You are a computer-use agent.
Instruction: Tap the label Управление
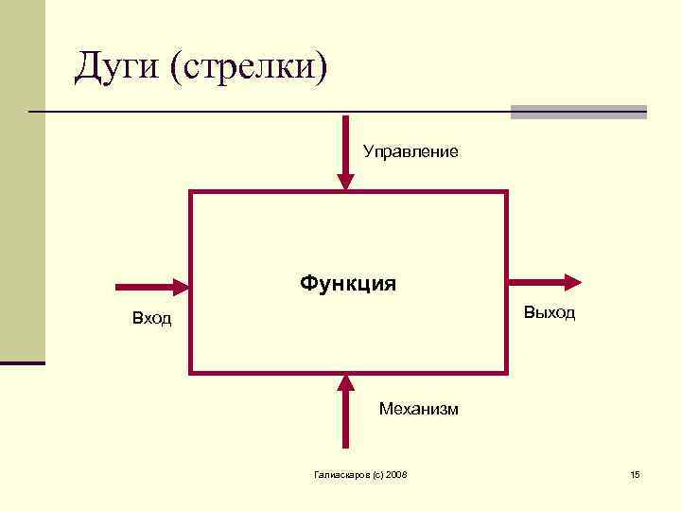pyautogui.click(x=410, y=151)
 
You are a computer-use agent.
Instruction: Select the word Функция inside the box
pyautogui.click(x=348, y=283)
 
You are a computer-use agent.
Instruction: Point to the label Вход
pyautogui.click(x=151, y=319)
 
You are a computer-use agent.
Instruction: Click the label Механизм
pyautogui.click(x=418, y=409)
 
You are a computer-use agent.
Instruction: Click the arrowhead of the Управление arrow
pyautogui.click(x=346, y=182)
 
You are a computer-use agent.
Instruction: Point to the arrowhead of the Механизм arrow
pyautogui.click(x=346, y=382)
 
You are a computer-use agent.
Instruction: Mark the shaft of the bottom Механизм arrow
pyautogui.click(x=346, y=421)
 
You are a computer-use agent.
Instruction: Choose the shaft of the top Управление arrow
pyautogui.click(x=346, y=142)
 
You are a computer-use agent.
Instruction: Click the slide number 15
pyautogui.click(x=635, y=473)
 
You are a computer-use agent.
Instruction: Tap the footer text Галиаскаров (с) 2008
pyautogui.click(x=359, y=473)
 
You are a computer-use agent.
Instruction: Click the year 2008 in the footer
pyautogui.click(x=395, y=473)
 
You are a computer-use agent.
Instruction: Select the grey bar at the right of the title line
pyautogui.click(x=578, y=112)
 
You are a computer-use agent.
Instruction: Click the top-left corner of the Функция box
pyautogui.click(x=192, y=192)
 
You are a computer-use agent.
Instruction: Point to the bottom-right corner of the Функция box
pyautogui.click(x=506, y=372)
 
